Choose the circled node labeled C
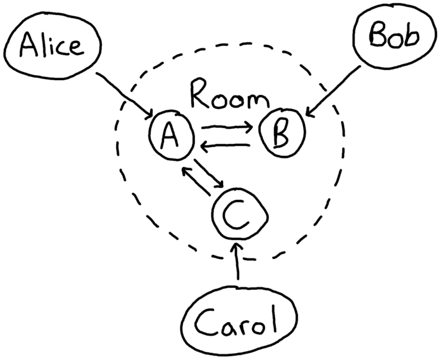(x=239, y=214)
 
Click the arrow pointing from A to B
(x=227, y=129)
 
